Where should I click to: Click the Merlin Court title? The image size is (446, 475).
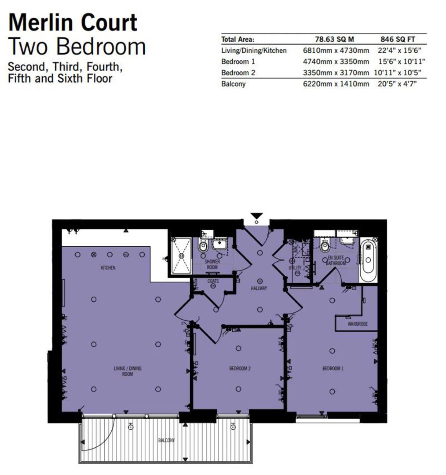73,23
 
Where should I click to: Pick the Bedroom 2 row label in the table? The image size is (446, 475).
238,73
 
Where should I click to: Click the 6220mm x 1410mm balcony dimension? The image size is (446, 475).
336,84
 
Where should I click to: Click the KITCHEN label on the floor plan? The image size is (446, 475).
108,267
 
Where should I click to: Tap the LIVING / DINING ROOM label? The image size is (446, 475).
128,371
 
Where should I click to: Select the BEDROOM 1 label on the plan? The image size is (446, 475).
333,369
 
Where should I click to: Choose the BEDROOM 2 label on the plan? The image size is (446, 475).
240,369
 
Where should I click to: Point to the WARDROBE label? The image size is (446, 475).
357,324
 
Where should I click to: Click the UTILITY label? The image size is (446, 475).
295,268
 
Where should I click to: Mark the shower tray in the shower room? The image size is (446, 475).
181,255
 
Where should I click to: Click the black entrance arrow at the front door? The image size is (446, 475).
256,216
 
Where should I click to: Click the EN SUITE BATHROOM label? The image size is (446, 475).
336,260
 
